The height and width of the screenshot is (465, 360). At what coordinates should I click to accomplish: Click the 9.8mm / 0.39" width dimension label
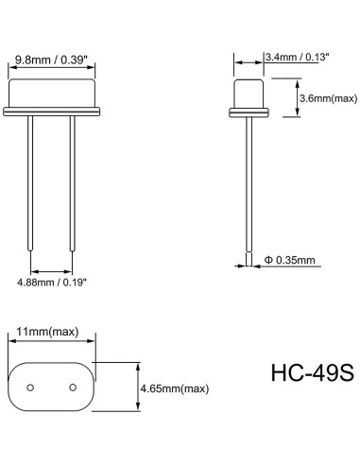[x=51, y=60]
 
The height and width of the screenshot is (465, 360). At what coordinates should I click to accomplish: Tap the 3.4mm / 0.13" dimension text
[x=298, y=57]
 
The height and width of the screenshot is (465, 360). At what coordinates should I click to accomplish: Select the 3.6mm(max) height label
[x=328, y=98]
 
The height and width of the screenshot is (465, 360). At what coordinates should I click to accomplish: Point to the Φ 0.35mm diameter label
[x=290, y=260]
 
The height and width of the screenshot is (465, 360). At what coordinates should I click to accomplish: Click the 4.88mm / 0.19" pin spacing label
[x=52, y=282]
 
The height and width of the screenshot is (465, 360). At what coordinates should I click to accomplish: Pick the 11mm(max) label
[x=47, y=332]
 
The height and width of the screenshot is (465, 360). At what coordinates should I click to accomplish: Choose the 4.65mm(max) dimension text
[x=175, y=388]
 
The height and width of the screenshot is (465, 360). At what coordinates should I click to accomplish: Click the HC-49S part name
[x=313, y=372]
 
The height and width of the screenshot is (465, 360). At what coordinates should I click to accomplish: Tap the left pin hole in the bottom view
[x=30, y=387]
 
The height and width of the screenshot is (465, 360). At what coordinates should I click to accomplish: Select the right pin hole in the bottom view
[x=73, y=387]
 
